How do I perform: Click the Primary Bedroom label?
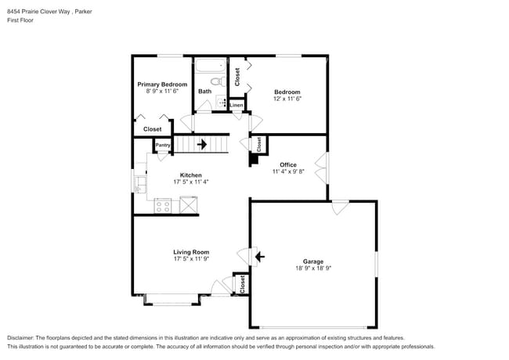(x=162, y=85)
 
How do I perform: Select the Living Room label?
(x=191, y=252)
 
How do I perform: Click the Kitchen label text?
(x=191, y=175)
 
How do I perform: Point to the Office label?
(x=288, y=164)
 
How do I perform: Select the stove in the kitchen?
(x=163, y=206)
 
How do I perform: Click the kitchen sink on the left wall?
(x=140, y=184)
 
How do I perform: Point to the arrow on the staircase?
(x=202, y=144)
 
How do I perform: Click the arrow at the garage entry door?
(x=259, y=256)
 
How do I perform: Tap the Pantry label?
(x=163, y=145)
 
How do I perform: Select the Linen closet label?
(x=236, y=104)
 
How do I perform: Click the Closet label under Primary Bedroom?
(x=152, y=129)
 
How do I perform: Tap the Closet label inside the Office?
(x=259, y=143)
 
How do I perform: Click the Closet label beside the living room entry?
(x=243, y=283)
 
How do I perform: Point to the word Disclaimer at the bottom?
(x=22, y=338)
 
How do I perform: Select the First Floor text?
(x=20, y=20)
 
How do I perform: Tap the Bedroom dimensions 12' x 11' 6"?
(x=287, y=99)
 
